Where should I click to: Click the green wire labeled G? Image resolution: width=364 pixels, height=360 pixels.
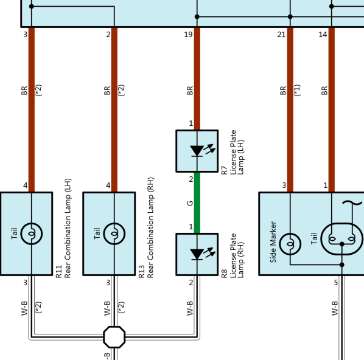[197, 202]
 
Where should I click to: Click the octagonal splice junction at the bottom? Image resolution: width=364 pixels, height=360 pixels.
[114, 337]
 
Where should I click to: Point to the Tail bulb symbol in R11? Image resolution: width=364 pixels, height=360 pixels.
[32, 234]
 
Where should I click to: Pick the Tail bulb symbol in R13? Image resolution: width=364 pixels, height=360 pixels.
[114, 234]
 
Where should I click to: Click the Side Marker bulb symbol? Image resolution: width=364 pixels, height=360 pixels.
[290, 244]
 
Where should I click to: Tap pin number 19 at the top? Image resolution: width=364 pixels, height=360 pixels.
[188, 35]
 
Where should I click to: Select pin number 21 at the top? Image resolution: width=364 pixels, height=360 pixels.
[281, 35]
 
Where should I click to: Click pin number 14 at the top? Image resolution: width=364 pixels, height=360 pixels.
[323, 35]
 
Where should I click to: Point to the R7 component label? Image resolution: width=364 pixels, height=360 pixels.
[224, 170]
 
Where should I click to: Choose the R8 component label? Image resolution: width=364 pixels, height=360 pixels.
[224, 274]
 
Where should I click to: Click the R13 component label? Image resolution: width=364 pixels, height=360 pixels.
[141, 272]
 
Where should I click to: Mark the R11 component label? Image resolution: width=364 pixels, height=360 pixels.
[58, 272]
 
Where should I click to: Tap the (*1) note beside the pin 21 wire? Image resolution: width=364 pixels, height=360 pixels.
[297, 90]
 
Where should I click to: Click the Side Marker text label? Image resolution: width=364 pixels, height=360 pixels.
[273, 242]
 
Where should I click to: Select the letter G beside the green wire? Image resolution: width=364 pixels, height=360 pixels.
[190, 204]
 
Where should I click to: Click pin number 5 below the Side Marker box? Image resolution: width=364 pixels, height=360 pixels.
[336, 283]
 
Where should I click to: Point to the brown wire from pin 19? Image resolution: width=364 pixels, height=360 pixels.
[197, 78]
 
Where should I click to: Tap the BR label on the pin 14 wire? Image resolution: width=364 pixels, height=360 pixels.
[324, 91]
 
